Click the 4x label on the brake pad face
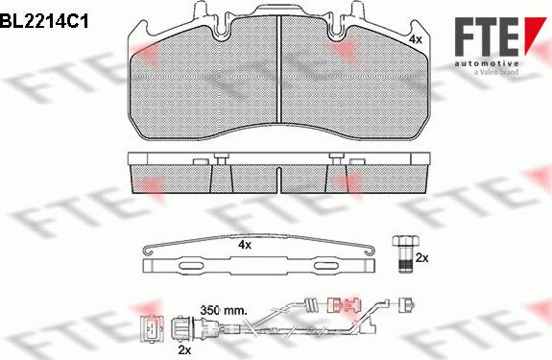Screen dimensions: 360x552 pyautogui.click(x=415, y=40)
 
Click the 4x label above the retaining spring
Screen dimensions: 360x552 pyautogui.click(x=244, y=246)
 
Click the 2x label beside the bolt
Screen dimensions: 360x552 pyautogui.click(x=421, y=257)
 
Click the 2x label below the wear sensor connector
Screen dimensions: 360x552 pyautogui.click(x=185, y=349)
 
